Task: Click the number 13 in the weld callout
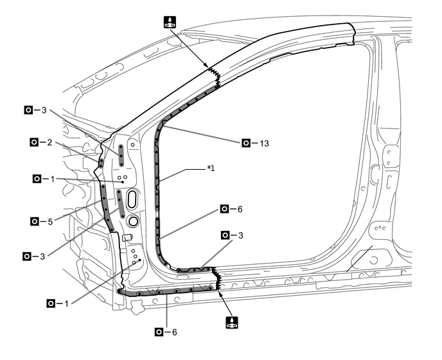264,143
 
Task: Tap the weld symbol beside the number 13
246,143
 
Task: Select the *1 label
211,168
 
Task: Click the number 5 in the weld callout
50,222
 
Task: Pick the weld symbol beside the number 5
35,221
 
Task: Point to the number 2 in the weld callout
49,143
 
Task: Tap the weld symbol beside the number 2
34,142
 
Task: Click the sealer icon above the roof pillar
170,22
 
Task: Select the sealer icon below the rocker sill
232,323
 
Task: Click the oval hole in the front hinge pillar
132,199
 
